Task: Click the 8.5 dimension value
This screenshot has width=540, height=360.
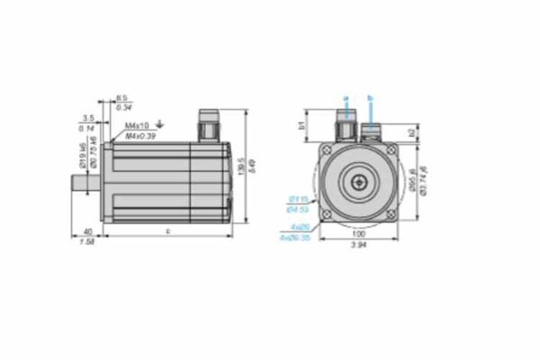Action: (123, 97)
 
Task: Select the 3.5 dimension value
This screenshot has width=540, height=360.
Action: (87, 118)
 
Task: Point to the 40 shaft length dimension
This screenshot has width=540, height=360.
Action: (87, 231)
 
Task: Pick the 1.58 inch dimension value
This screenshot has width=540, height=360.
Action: (87, 242)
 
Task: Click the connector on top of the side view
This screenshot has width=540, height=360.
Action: (209, 127)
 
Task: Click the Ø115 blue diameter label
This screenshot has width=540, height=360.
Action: (298, 199)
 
